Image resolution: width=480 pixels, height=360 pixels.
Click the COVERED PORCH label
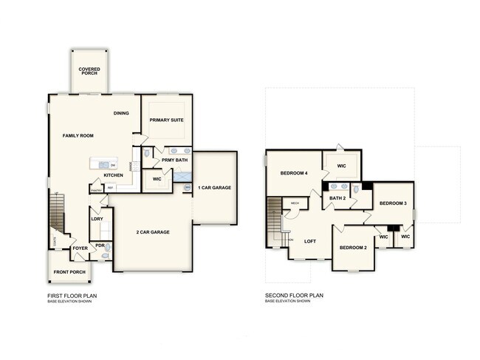[89, 72]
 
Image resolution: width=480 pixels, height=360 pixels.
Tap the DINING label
[121, 113]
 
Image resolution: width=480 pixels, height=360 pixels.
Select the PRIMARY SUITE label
[166, 120]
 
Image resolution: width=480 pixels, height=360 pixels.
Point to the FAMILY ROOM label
[78, 136]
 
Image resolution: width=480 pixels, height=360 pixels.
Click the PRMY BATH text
[174, 160]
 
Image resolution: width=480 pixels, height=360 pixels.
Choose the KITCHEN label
[113, 175]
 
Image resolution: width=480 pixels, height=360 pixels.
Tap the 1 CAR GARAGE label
[214, 188]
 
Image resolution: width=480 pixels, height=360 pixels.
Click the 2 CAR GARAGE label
[153, 232]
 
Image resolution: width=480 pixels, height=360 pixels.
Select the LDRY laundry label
[97, 219]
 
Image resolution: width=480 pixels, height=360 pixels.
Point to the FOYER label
[80, 248]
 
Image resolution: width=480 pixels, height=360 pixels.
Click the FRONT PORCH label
[69, 272]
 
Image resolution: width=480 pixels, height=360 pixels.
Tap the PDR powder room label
[100, 245]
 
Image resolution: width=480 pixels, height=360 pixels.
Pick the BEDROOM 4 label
[293, 173]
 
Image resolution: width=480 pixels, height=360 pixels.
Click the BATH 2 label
[337, 198]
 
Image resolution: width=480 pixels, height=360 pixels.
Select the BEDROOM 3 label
[392, 203]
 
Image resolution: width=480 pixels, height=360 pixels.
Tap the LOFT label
[310, 241]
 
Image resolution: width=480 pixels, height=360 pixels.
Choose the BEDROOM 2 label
[353, 247]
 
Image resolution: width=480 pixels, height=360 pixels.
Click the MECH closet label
[295, 203]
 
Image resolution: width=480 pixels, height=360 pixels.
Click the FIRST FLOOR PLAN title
[72, 296]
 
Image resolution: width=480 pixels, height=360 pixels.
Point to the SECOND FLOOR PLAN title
[294, 296]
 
